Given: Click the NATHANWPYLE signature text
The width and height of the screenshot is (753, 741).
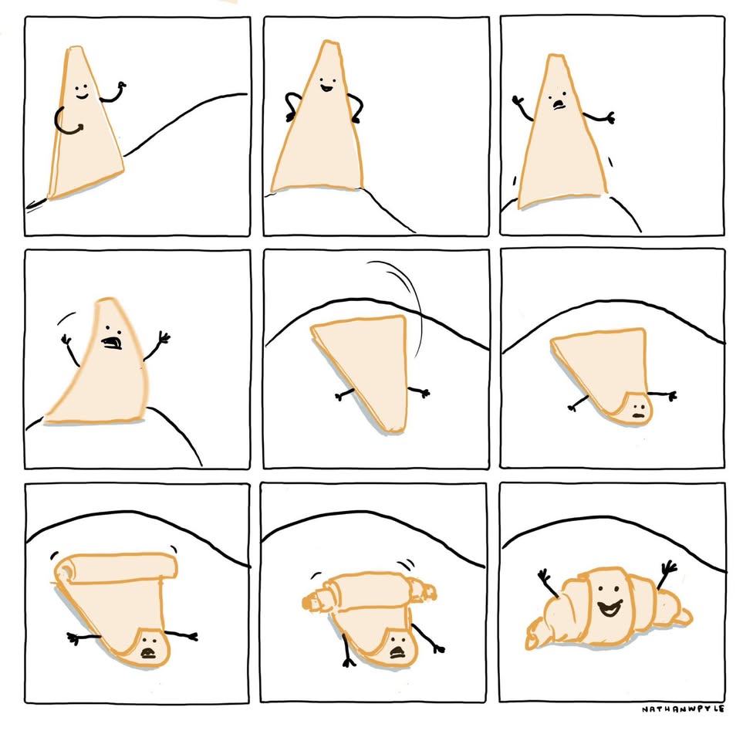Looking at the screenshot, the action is coord(683,709).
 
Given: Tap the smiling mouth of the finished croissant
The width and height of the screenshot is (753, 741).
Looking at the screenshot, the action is coord(610,607).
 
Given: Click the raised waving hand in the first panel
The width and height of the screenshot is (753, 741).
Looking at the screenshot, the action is coord(121,86).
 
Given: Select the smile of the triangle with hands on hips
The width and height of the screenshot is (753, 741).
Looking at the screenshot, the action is coord(328,88).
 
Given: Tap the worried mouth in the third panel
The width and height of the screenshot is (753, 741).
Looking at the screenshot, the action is coord(558,104).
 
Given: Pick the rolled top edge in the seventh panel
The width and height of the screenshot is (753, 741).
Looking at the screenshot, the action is coord(115,566).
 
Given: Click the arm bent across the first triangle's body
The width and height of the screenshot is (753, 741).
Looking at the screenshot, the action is coord(67,121).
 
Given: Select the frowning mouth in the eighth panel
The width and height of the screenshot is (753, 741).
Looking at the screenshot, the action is coord(397,652).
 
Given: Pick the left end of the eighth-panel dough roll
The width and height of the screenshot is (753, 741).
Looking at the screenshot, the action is coord(309,602).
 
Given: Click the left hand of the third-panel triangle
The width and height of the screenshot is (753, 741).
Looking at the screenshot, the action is coord(518,100).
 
